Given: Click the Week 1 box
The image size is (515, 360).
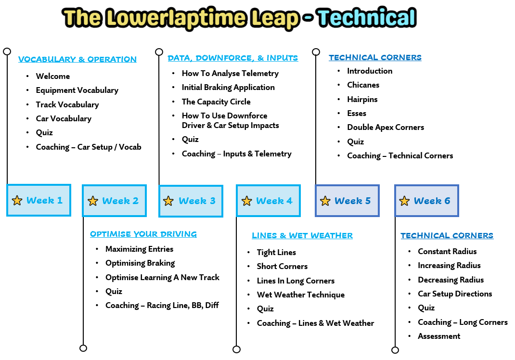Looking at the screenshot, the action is [39, 200].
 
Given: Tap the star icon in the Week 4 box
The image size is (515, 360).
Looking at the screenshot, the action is [246, 201].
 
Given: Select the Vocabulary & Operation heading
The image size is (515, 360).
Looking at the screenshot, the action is [77, 59].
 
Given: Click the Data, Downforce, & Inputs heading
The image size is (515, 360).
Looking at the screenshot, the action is [233, 58].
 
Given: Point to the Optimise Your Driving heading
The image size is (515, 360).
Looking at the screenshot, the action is [143, 234].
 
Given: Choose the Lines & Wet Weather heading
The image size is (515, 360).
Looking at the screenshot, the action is [302, 235].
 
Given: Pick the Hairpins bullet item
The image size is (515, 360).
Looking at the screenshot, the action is [362, 99].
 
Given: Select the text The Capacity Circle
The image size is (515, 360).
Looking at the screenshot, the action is [216, 102].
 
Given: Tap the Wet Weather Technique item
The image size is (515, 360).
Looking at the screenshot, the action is [301, 295].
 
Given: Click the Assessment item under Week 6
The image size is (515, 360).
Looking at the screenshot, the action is [439, 336].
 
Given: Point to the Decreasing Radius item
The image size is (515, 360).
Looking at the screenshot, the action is [451, 280].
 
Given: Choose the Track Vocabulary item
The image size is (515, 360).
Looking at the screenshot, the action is [67, 104].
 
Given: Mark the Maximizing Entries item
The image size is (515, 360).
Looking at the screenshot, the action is [139, 249].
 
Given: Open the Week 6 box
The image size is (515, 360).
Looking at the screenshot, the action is [426, 200].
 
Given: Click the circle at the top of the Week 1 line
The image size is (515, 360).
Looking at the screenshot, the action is [7, 51].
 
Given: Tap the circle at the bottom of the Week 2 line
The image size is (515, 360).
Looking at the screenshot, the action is [83, 348].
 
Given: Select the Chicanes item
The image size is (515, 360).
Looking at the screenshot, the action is [363, 85].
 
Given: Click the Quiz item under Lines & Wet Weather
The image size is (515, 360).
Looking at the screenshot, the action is [265, 309].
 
